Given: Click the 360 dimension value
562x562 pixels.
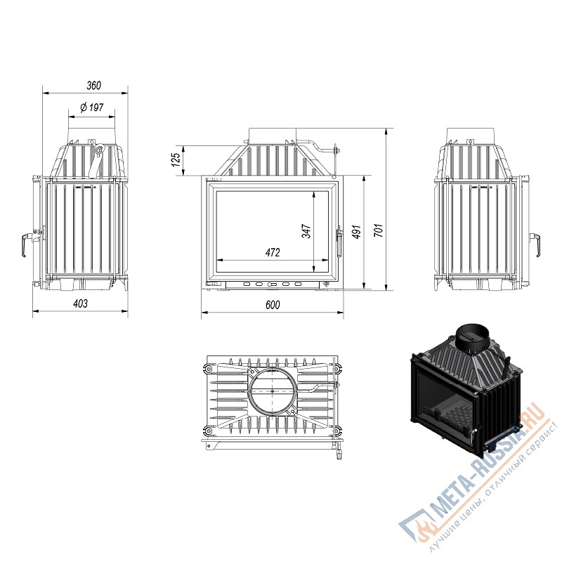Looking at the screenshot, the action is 94,85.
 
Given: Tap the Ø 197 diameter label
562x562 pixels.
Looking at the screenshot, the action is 92,107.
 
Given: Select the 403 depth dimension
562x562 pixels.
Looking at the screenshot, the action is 80,304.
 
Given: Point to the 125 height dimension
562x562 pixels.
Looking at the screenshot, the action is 176,160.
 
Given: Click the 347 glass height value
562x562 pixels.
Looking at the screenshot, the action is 306,231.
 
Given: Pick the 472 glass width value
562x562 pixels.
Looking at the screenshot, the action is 273,253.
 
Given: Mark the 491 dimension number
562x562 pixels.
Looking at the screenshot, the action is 356,233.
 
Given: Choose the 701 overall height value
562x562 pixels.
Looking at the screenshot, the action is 379,230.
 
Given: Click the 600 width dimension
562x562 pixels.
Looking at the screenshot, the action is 273,305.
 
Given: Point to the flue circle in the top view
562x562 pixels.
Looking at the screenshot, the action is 273,391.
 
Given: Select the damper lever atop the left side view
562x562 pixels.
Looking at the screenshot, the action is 97,157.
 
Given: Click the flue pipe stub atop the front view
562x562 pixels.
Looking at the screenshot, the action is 273,136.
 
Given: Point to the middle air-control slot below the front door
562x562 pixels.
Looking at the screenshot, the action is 272,285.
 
